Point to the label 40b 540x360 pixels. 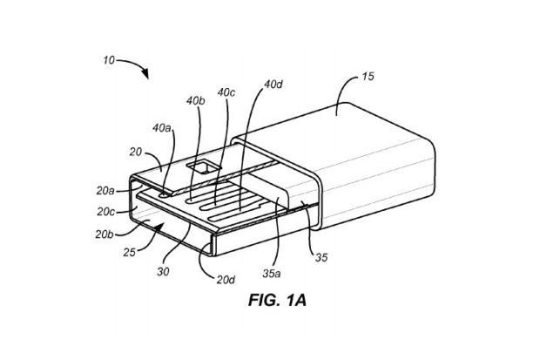tap(196, 99)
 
